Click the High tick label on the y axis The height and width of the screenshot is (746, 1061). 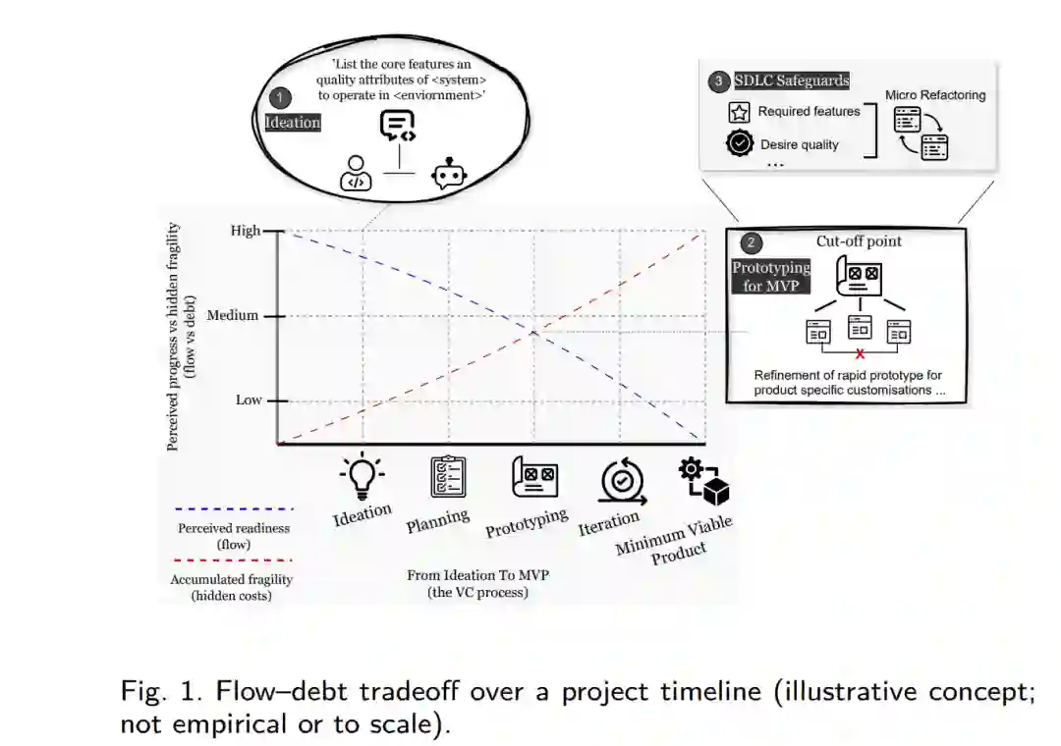[246, 231]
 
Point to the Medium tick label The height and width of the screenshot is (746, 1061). [233, 316]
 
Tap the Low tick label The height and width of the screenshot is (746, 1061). [249, 400]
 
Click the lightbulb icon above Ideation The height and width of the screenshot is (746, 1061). [363, 474]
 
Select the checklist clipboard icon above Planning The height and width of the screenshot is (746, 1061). [448, 477]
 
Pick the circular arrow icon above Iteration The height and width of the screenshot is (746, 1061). [621, 479]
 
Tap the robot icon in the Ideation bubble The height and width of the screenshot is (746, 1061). [450, 174]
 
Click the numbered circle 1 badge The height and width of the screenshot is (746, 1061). [280, 97]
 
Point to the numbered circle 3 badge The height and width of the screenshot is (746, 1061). [718, 81]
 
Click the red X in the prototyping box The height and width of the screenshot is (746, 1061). [861, 352]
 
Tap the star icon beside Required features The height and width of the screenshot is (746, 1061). [740, 112]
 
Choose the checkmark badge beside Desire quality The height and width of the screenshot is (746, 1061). [740, 144]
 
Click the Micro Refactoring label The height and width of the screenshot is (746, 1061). [935, 95]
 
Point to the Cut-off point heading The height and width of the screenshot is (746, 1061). [859, 241]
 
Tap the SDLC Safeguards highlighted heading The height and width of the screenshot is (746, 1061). [792, 80]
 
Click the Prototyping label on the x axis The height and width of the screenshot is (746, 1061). [527, 524]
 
